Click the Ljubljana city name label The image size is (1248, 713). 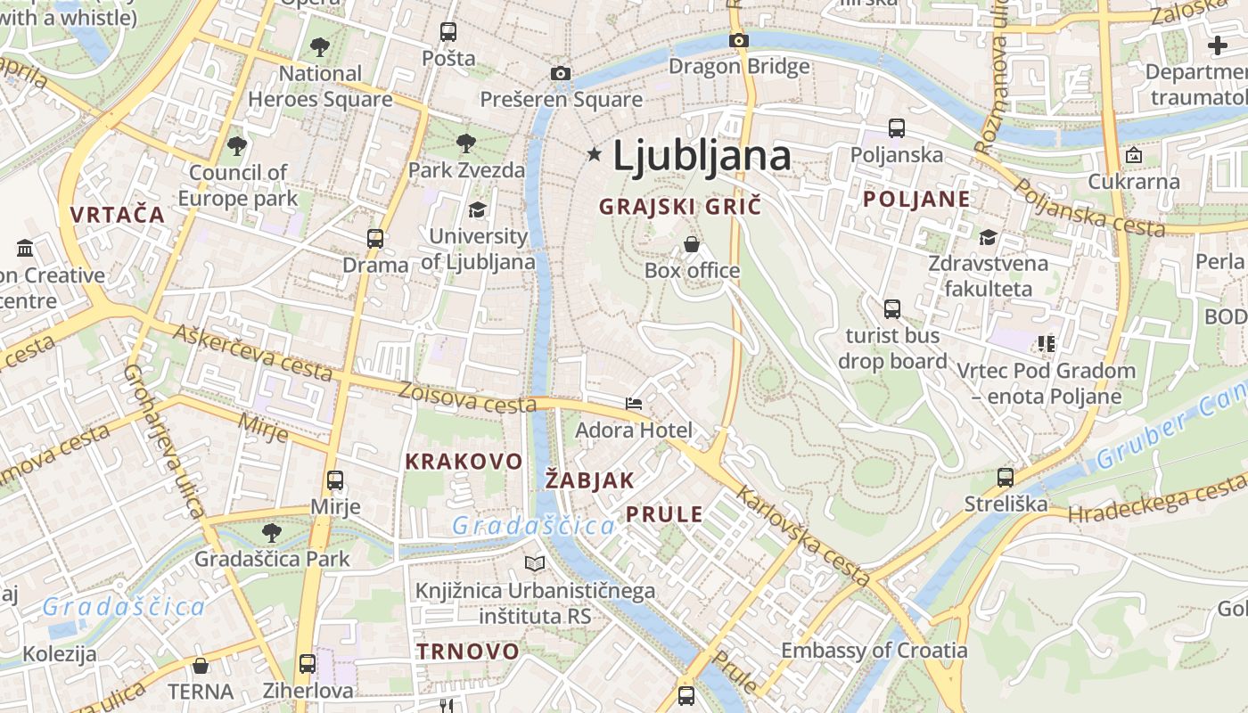702,157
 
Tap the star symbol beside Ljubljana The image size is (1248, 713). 595,155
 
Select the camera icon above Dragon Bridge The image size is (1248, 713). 738,40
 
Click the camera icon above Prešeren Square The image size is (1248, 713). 560,73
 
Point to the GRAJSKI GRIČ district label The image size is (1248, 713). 680,207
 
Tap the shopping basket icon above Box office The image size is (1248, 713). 692,243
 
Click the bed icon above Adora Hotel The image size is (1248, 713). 634,404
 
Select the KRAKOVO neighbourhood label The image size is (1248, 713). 464,462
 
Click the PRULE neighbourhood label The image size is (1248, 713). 664,514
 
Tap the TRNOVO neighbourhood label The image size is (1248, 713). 467,652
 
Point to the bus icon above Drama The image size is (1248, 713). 375,239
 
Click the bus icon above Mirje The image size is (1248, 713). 335,480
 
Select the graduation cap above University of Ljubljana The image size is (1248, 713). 478,209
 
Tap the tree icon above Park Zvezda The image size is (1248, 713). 465,143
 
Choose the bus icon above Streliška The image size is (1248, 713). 1006,478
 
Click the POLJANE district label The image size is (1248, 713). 915,200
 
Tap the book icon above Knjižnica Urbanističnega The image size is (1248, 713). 535,563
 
